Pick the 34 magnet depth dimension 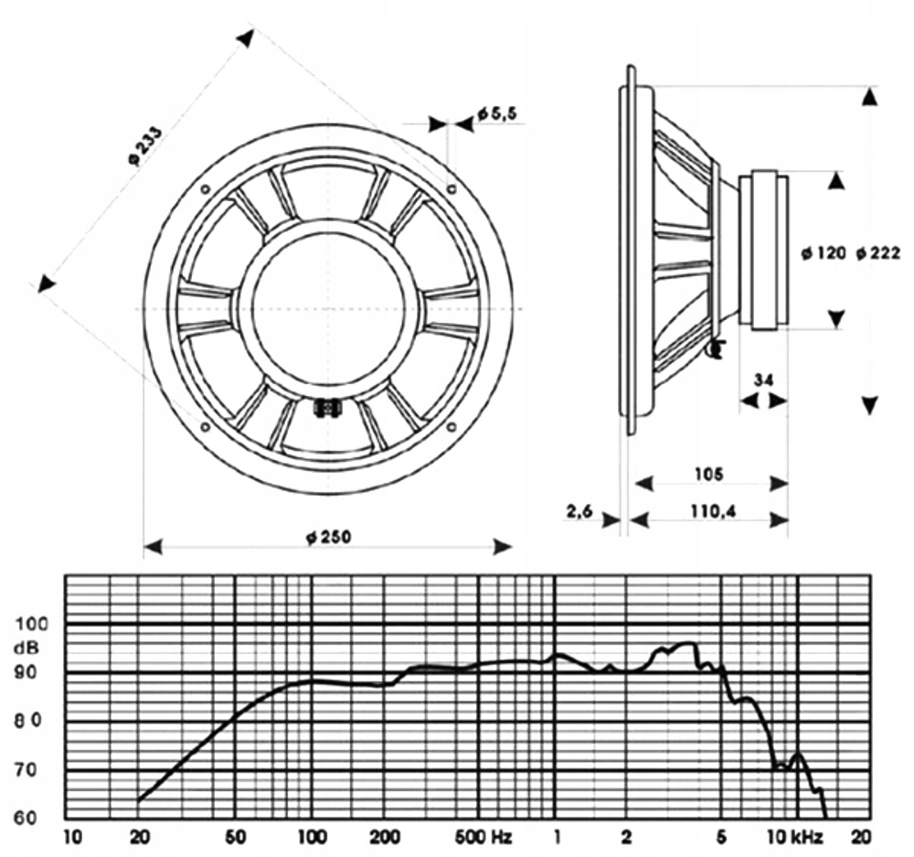pos(763,379)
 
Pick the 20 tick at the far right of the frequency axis pos(861,835)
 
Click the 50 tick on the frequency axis pos(236,835)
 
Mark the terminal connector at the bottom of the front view pos(326,408)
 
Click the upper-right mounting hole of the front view pos(452,189)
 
